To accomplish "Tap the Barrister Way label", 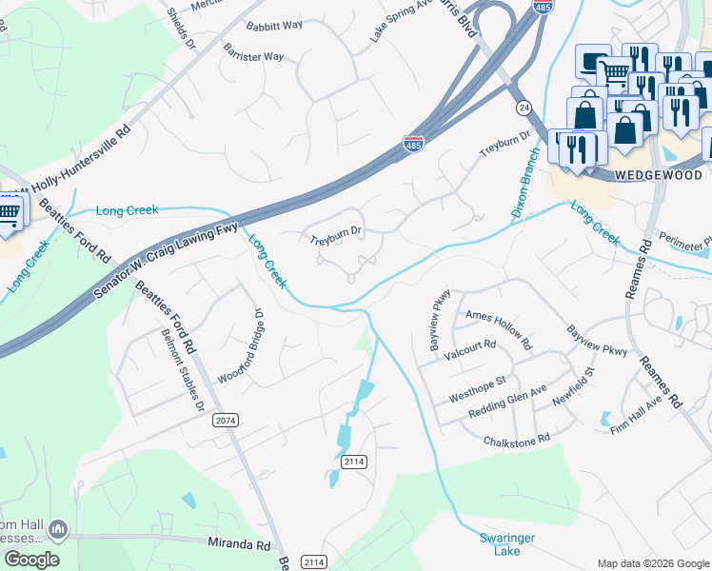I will coord(253,56).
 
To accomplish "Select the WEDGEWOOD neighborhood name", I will coord(660,175).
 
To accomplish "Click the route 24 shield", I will coord(523,108).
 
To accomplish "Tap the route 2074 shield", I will coord(225,420).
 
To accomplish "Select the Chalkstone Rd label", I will coord(517,440).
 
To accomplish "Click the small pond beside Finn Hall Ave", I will coord(605,418).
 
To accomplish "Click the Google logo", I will coord(31,560).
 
